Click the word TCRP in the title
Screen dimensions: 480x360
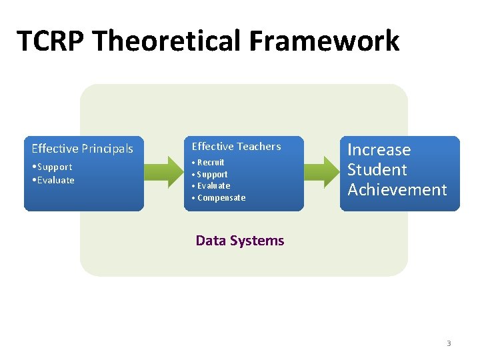pyautogui.click(x=51, y=41)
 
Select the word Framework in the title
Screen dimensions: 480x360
pyautogui.click(x=325, y=41)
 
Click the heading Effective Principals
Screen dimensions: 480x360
pyautogui.click(x=83, y=149)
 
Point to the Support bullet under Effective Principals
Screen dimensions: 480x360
pyautogui.click(x=53, y=167)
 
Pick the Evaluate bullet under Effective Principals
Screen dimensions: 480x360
pyautogui.click(x=55, y=180)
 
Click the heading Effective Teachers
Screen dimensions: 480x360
pyautogui.click(x=237, y=147)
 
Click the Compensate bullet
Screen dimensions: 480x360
pyautogui.click(x=221, y=197)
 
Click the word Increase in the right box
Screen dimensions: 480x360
pyautogui.click(x=379, y=150)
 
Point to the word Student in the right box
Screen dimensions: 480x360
pyautogui.click(x=377, y=170)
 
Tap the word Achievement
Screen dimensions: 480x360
pyautogui.click(x=397, y=190)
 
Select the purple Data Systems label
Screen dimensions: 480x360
pyautogui.click(x=240, y=241)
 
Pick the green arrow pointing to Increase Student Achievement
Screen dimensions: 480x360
pyautogui.click(x=322, y=172)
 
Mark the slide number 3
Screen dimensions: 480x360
pyautogui.click(x=449, y=343)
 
